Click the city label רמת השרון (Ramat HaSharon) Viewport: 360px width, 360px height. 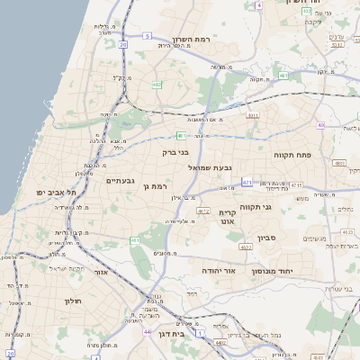tap(190, 40)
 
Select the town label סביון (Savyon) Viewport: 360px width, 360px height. tap(272, 238)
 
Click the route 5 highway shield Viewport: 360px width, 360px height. tap(146, 36)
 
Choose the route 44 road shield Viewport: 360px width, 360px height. tap(146, 332)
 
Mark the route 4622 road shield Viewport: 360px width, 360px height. tap(245, 247)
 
